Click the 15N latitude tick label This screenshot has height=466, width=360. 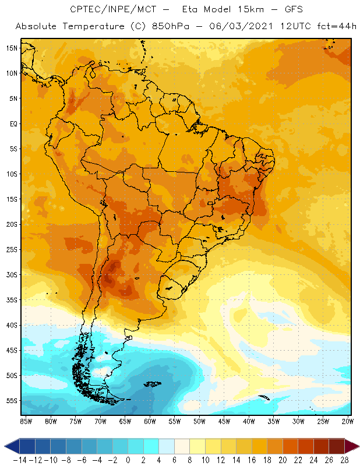click(x=12, y=48)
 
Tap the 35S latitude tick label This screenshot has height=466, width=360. click(x=12, y=300)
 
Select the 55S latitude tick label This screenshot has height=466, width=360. click(x=12, y=401)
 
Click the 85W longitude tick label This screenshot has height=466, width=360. click(x=26, y=421)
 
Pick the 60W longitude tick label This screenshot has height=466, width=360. click(x=150, y=421)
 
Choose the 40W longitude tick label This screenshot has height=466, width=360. click(x=249, y=421)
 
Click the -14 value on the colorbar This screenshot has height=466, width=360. click(x=20, y=460)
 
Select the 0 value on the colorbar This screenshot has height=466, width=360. click(x=128, y=460)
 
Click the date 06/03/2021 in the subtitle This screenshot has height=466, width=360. click(x=241, y=26)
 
